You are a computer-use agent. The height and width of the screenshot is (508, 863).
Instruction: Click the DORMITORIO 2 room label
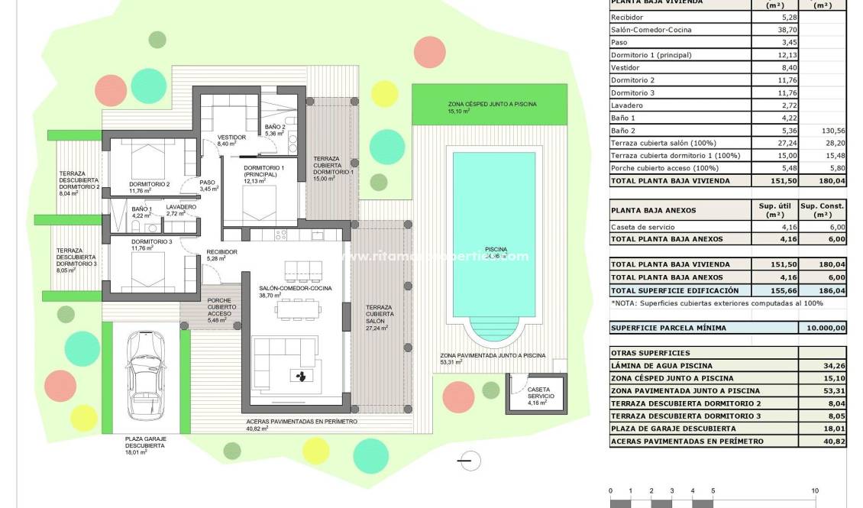149,184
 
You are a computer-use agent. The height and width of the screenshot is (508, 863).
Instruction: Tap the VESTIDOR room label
231,137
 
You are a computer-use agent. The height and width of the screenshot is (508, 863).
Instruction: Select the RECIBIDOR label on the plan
221,252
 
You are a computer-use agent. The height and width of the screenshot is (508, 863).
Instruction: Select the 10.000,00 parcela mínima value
823,328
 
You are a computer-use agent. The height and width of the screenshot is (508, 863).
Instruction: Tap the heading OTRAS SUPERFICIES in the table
640,353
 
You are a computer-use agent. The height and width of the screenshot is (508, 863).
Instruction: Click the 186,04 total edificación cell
823,290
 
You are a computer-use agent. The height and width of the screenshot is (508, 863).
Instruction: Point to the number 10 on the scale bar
815,490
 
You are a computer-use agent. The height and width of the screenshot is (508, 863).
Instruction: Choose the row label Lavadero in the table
627,105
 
